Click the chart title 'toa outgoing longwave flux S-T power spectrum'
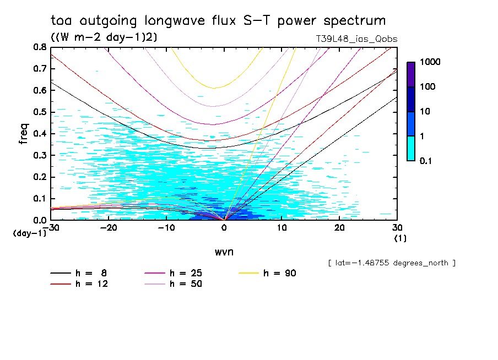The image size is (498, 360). (218, 21)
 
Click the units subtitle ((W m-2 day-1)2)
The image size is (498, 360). (104, 37)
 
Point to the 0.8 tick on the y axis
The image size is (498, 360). (40, 47)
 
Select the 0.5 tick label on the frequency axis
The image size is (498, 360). (40, 112)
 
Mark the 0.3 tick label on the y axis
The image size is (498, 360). (40, 155)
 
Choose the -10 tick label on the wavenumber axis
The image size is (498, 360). (166, 228)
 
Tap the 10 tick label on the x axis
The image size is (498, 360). (282, 228)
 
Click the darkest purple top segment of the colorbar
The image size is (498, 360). (411, 74)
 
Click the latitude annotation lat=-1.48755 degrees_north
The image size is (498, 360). (391, 263)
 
